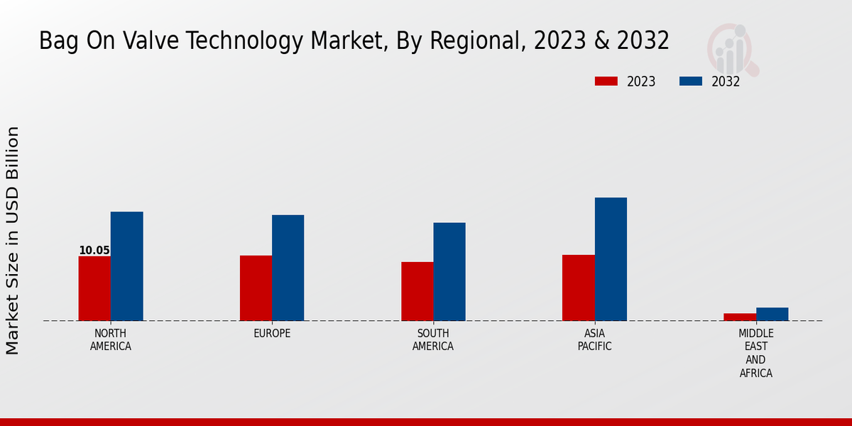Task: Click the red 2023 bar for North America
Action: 94,288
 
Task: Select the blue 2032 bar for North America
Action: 126,266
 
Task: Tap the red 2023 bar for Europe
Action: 256,288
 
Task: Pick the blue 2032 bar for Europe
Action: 288,268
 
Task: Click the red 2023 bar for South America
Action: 417,291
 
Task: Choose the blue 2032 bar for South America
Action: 449,271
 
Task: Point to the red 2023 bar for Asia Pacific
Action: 578,288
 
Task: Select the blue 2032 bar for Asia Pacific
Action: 611,259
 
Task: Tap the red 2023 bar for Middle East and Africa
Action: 740,317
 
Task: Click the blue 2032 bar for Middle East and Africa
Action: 772,314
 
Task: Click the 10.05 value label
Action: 94,251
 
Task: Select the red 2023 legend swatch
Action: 606,81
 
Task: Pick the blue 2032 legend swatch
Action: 690,81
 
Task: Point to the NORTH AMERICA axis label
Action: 111,340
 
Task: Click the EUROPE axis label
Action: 272,334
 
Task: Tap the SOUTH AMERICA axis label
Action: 433,340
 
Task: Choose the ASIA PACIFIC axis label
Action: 594,340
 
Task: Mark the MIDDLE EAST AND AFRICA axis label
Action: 756,353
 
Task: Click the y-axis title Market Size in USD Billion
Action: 13,240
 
